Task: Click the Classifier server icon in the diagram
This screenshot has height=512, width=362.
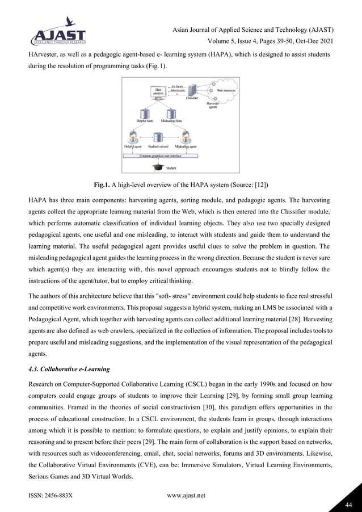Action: click(x=193, y=89)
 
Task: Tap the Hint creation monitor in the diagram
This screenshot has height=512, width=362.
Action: click(x=158, y=93)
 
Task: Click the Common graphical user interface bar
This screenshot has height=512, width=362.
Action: click(x=159, y=154)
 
